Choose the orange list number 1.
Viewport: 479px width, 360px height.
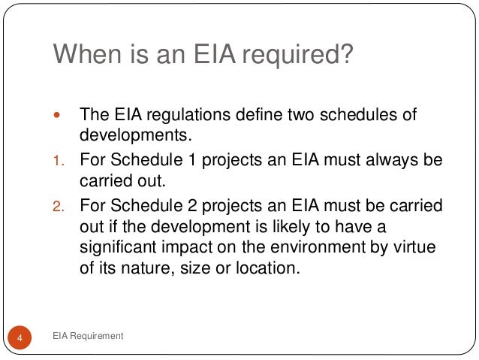point(59,161)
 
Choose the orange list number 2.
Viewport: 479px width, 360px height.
point(59,206)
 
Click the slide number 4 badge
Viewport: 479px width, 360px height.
point(20,337)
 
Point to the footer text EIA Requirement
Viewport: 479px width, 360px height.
point(88,336)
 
